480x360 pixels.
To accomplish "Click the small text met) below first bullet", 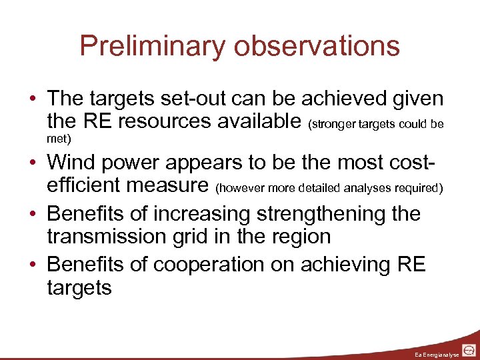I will point(59,139).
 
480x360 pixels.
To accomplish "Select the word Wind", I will point(74,162).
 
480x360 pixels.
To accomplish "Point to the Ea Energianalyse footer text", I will point(436,353).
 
